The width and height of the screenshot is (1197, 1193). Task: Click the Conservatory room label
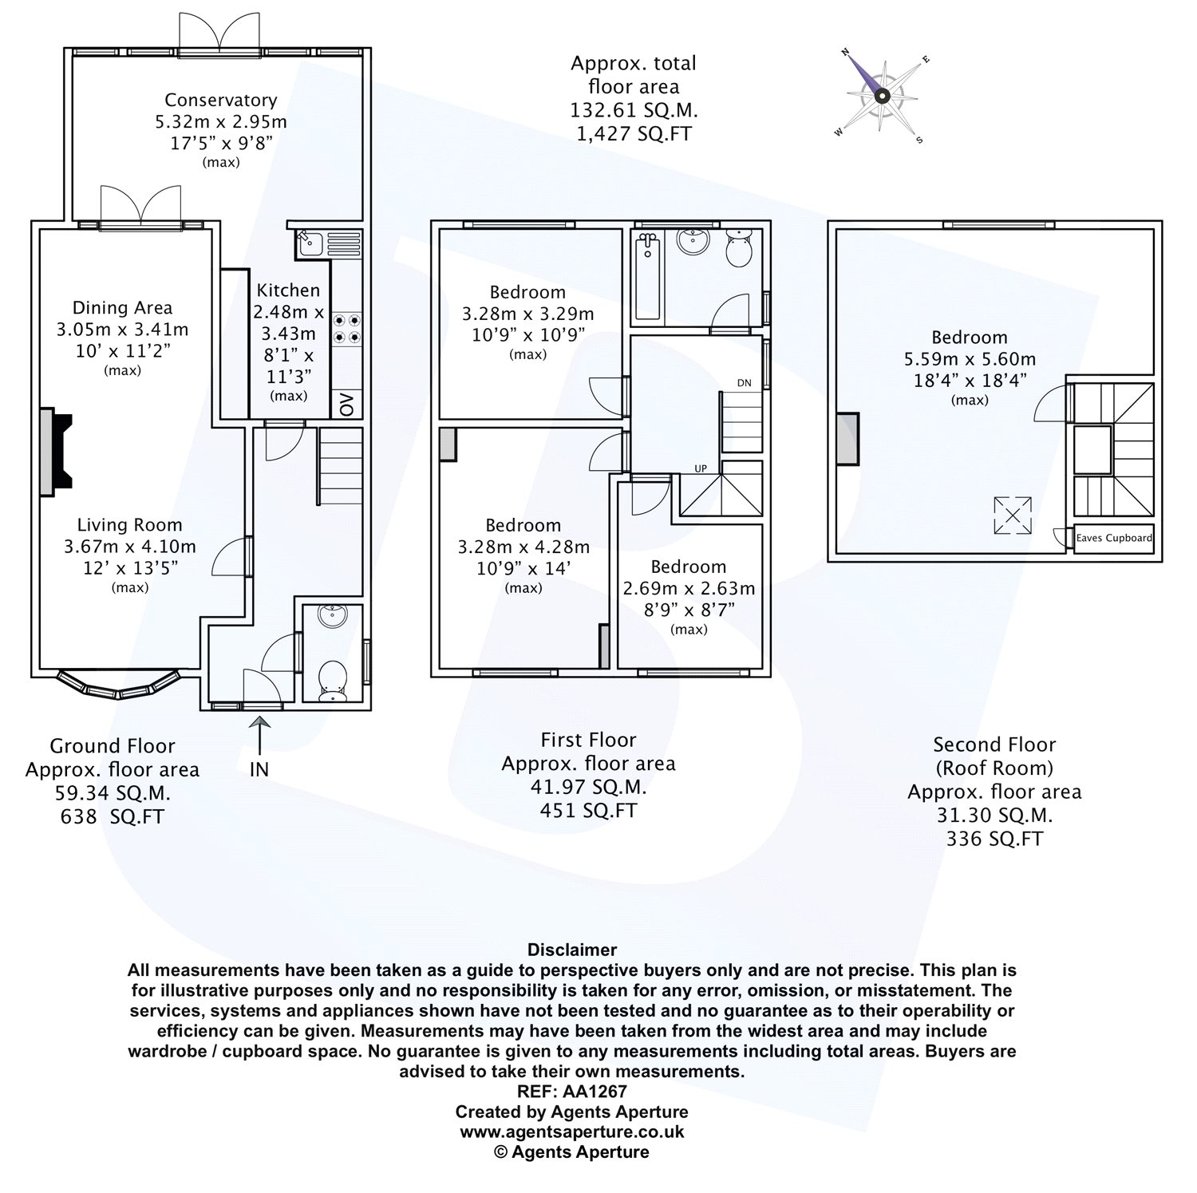[220, 101]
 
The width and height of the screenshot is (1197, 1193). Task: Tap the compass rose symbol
[881, 96]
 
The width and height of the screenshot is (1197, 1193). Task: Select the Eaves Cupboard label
[1114, 538]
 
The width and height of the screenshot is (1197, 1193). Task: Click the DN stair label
[744, 383]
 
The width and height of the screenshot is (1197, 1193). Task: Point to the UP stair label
[700, 468]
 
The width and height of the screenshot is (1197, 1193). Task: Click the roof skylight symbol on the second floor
[1012, 515]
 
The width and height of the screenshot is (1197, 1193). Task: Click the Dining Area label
[122, 308]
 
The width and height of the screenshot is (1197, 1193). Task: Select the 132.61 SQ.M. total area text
[634, 111]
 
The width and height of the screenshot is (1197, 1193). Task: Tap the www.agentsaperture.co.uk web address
[571, 1132]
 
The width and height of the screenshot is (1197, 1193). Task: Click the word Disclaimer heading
[571, 950]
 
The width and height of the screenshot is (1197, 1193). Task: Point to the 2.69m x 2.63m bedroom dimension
[688, 589]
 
